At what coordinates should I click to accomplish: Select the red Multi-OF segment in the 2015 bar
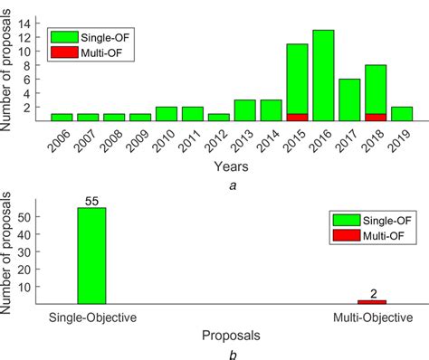pyautogui.click(x=297, y=117)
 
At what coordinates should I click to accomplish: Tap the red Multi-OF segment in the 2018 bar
pyautogui.click(x=376, y=117)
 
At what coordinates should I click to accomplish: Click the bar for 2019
pyautogui.click(x=402, y=113)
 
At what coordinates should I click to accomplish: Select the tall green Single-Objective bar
pyautogui.click(x=91, y=256)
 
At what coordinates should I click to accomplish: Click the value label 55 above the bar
pyautogui.click(x=91, y=200)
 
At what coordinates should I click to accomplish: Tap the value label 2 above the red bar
pyautogui.click(x=371, y=292)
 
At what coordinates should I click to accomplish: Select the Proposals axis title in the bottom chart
pyautogui.click(x=232, y=334)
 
